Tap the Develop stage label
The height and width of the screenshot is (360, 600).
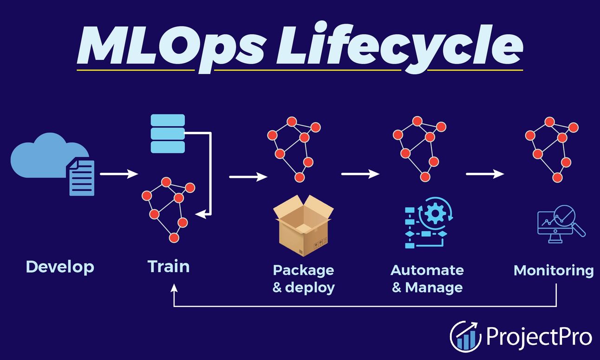(60, 267)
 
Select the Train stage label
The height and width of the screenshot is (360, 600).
(169, 267)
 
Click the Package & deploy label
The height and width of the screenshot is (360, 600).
(303, 278)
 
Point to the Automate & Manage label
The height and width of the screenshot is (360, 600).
(427, 278)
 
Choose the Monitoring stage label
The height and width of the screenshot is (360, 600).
(554, 270)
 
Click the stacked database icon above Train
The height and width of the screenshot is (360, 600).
(168, 134)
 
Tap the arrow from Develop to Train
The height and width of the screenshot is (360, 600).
(119, 174)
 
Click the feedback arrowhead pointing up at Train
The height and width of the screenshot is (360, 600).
(174, 288)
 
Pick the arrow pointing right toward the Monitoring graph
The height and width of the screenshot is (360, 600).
(485, 174)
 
